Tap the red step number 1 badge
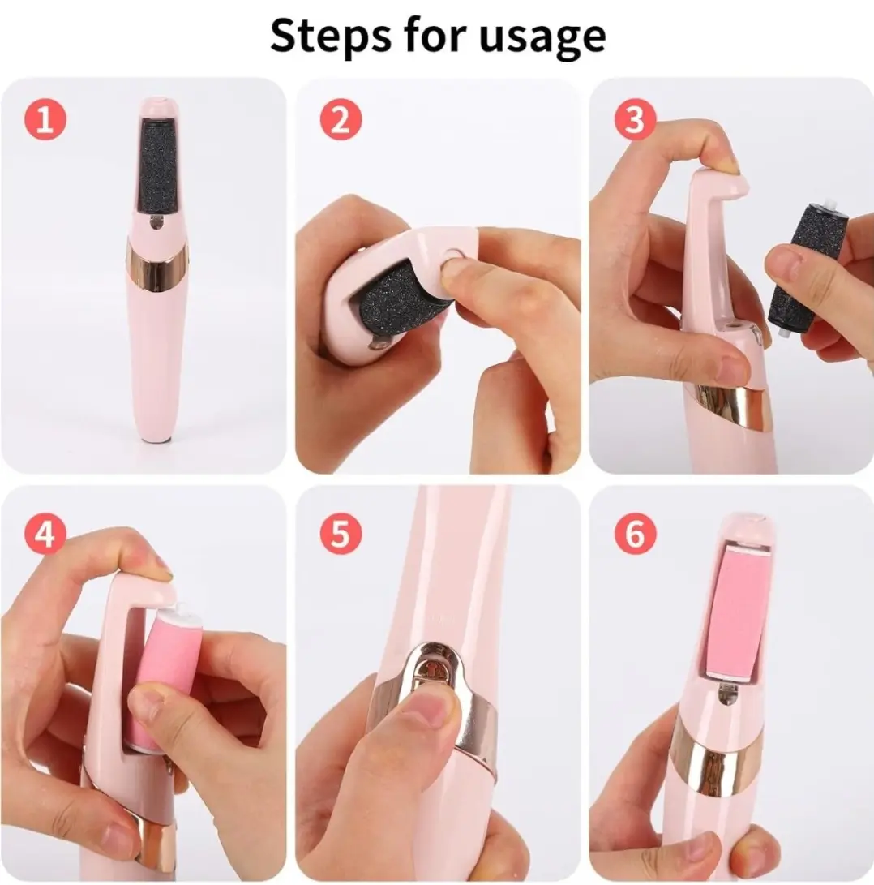click(x=45, y=120)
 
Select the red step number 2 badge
click(x=341, y=120)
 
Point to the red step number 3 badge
click(x=635, y=120)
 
